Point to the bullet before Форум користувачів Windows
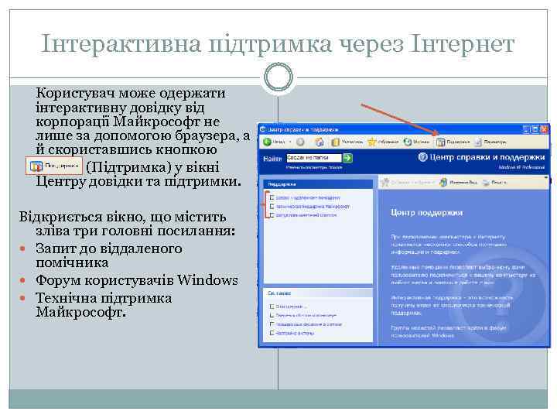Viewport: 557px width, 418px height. click(x=27, y=279)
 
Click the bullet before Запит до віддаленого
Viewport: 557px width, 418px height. click(x=27, y=248)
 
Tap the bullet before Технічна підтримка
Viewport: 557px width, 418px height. click(x=27, y=299)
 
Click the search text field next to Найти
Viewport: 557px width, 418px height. click(x=313, y=157)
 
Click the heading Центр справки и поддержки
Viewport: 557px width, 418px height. click(x=483, y=157)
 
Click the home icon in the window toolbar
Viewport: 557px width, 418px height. click(x=320, y=142)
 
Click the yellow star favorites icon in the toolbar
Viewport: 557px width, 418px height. click(x=372, y=142)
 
